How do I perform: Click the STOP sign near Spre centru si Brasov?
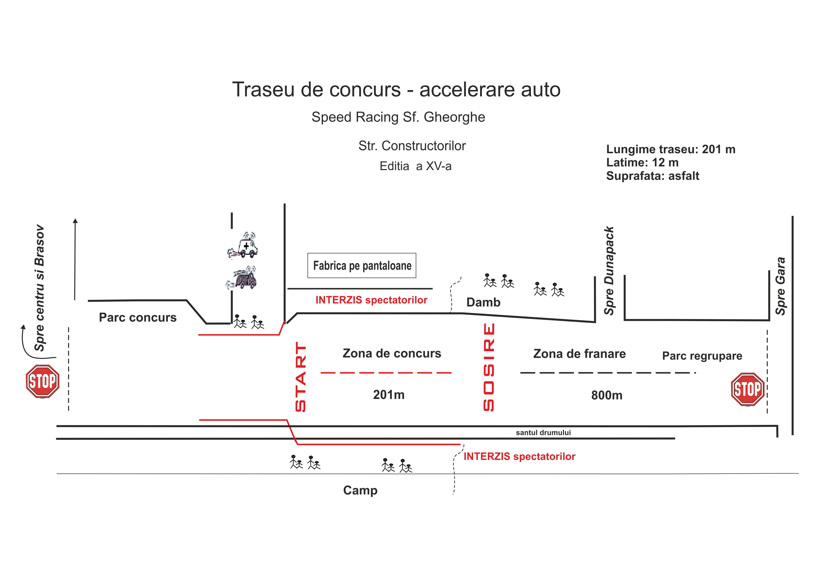[43, 381]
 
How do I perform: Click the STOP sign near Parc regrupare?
[748, 389]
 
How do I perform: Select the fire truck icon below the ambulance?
[241, 278]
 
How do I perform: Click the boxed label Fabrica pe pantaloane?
[362, 266]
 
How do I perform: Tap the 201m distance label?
[389, 394]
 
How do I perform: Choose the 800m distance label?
[607, 395]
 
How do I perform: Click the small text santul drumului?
[543, 432]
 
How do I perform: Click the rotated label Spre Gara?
[780, 286]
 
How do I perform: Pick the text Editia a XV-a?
[415, 166]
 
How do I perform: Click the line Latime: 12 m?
[642, 163]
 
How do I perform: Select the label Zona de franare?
[579, 354]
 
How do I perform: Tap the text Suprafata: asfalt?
[653, 176]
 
